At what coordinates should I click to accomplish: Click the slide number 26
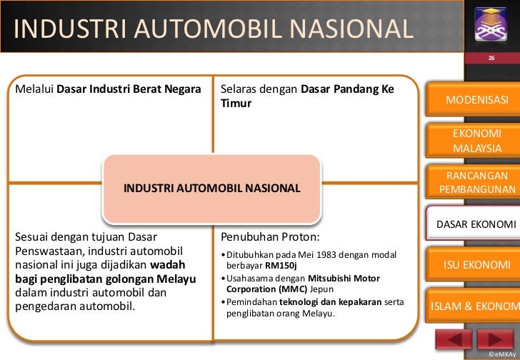pyautogui.click(x=491, y=57)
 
